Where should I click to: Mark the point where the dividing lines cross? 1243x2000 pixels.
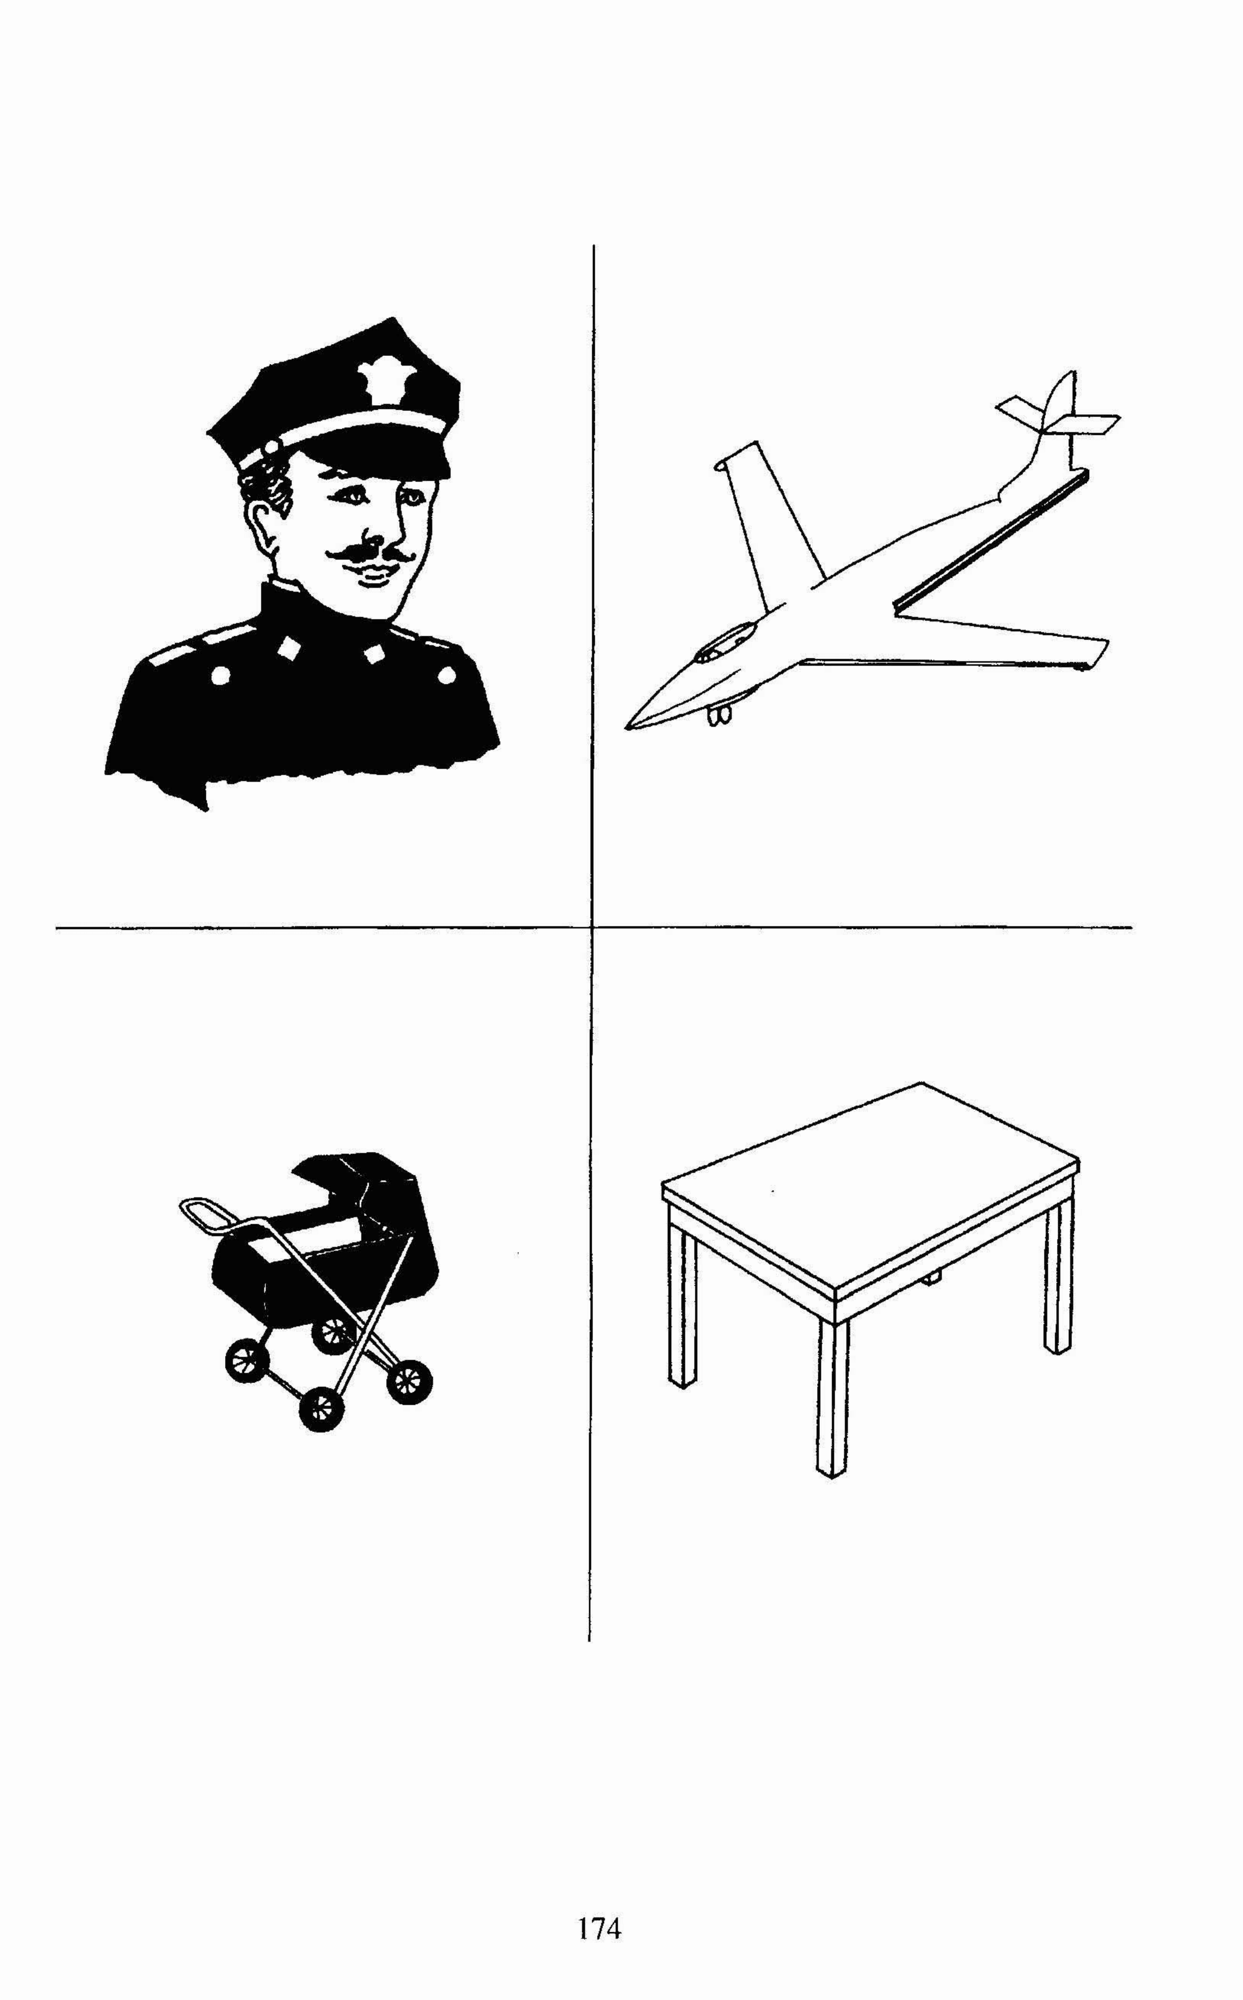point(592,927)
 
